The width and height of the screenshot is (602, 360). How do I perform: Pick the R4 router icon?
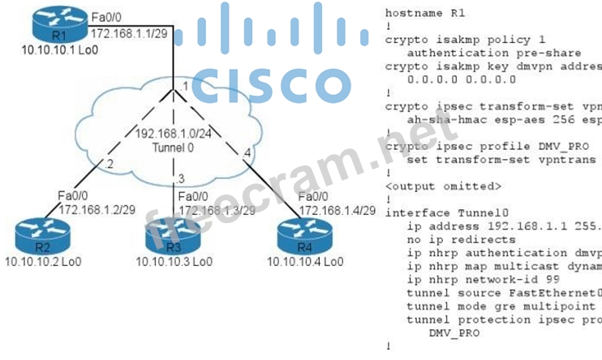[296, 234]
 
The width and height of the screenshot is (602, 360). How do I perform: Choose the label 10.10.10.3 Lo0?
[174, 261]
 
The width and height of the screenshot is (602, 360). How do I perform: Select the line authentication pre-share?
[478, 53]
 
